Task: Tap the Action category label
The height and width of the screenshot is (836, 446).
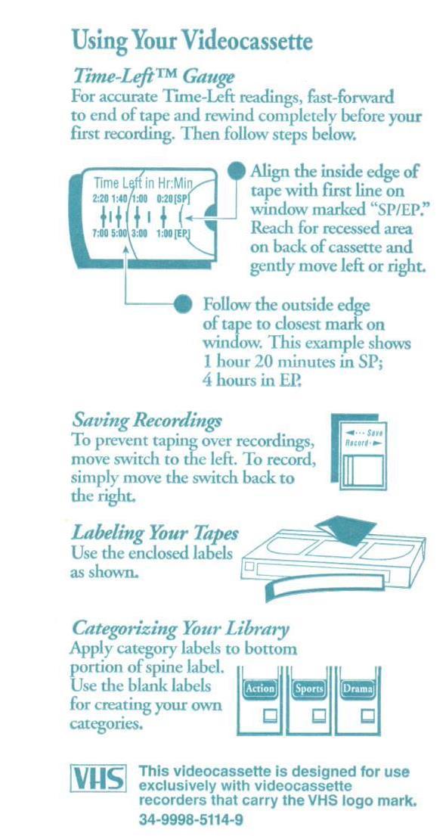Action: click(x=259, y=688)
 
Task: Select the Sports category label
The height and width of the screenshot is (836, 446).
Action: click(x=309, y=688)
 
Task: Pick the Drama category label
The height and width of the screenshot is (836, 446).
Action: click(x=358, y=688)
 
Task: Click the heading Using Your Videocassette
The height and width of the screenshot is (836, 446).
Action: click(x=191, y=42)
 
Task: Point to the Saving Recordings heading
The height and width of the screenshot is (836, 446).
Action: click(x=147, y=421)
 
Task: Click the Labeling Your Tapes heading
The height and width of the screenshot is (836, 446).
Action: click(x=155, y=533)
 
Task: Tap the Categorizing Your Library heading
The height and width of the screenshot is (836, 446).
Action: click(x=181, y=629)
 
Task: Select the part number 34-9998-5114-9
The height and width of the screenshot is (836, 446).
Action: click(x=191, y=819)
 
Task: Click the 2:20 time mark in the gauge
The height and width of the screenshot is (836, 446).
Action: click(x=101, y=199)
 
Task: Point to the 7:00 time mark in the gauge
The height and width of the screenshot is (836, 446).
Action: click(x=101, y=233)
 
